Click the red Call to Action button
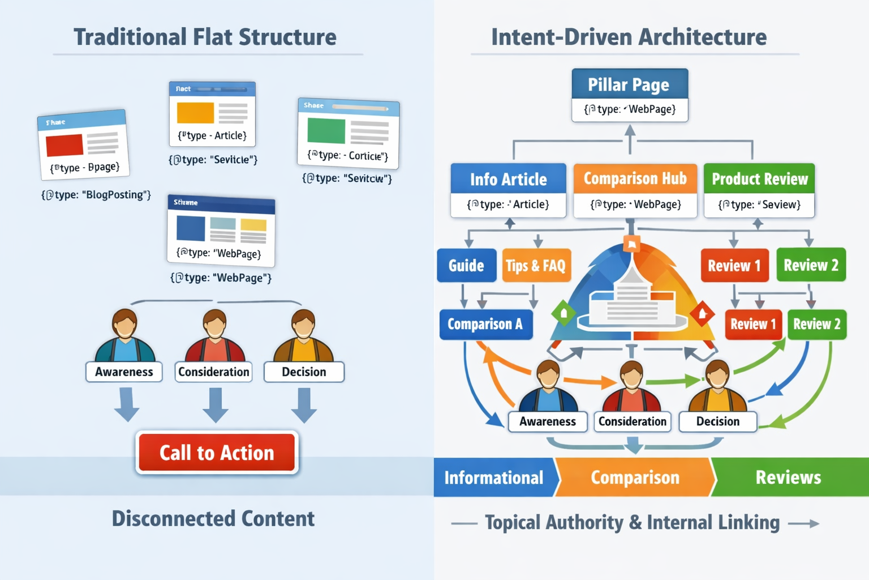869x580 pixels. coord(217,453)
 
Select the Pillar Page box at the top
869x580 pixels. coord(629,95)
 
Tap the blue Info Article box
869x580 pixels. coord(508,190)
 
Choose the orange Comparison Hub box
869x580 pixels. coord(635,190)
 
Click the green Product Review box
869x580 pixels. coord(759,190)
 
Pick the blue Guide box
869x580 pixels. coord(466,265)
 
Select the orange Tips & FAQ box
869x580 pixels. coord(536,265)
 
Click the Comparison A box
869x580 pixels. coord(485,324)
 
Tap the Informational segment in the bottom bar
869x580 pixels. coord(494,477)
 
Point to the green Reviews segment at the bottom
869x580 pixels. coord(788,477)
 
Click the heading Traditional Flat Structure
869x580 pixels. coord(205,37)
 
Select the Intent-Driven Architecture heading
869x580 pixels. coord(629,37)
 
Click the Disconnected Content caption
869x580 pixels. coord(213,519)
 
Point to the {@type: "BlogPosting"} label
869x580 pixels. coord(96,195)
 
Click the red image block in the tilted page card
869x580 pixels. coord(64,145)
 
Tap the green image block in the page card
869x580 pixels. coord(326,131)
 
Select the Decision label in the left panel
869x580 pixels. coord(304,372)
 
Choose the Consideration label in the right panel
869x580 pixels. coord(632,421)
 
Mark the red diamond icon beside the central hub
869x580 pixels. coord(702,313)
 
